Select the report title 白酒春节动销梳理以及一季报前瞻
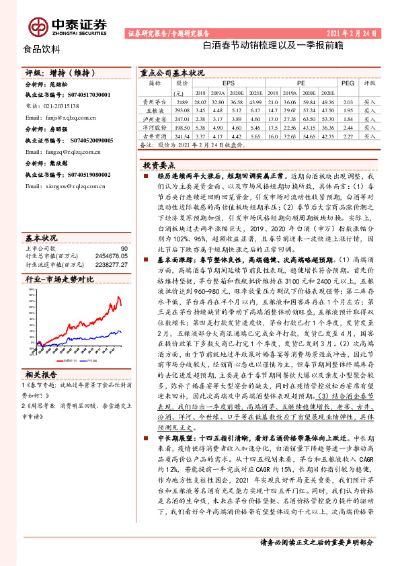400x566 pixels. tap(272, 47)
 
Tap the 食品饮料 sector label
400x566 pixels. tap(37, 50)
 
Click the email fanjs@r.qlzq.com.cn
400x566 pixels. tap(66, 116)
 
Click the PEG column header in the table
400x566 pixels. tap(347, 83)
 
